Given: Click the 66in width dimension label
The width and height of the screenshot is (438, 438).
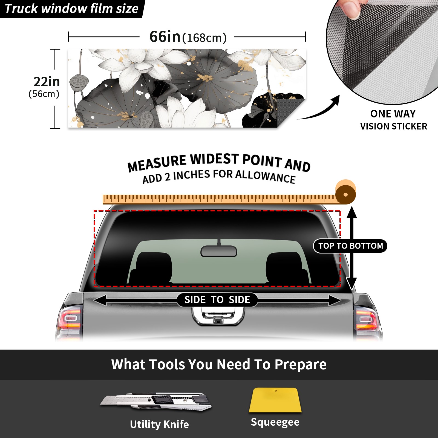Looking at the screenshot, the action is [x=188, y=37].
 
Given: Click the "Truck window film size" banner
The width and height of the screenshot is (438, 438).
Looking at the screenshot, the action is [x=72, y=9].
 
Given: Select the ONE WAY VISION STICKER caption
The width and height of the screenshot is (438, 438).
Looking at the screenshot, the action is [x=393, y=120].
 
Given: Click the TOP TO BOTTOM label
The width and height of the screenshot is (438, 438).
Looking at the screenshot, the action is [x=350, y=246].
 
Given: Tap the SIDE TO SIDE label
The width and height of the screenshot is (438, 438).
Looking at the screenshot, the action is [x=217, y=300].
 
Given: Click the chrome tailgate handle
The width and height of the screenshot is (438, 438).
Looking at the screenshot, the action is [x=218, y=316].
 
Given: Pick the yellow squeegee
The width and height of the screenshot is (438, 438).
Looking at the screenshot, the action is [x=275, y=400].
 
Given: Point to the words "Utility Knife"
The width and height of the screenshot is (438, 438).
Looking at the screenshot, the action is [x=159, y=425].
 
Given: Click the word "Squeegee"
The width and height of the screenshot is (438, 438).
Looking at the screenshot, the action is [x=275, y=422].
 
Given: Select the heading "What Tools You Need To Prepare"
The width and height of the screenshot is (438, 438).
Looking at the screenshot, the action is [x=219, y=365].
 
